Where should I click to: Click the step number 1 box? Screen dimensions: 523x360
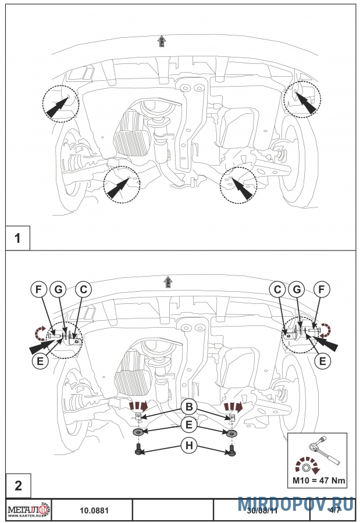tap(17, 238)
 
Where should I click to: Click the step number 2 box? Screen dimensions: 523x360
tap(17, 486)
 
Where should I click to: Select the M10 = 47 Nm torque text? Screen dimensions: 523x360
tap(317, 480)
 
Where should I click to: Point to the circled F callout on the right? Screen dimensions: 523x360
tap(322, 289)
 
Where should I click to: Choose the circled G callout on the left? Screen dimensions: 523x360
tap(59, 289)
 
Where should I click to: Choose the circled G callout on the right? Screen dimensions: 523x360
tap(301, 289)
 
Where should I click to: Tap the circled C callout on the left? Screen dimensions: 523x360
tap(84, 289)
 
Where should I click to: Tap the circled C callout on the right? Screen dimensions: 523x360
tap(278, 289)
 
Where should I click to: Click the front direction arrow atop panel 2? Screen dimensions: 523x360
tap(167, 282)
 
